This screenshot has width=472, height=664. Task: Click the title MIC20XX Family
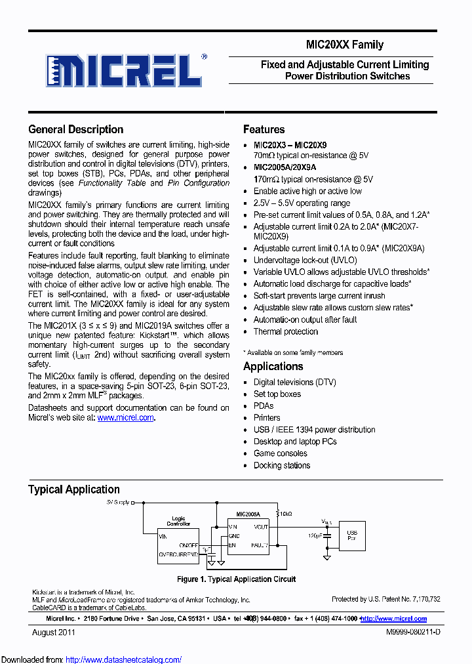[x=344, y=45]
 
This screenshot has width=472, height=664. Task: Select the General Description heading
[x=75, y=129]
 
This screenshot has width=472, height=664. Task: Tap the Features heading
[x=264, y=129]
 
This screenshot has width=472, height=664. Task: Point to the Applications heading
[x=273, y=366]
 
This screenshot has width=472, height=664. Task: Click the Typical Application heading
[x=73, y=489]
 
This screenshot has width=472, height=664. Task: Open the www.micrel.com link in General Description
[x=125, y=417]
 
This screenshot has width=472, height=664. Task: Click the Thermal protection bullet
[x=285, y=331]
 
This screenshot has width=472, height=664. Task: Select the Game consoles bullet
[x=280, y=453]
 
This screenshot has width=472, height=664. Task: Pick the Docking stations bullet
[x=282, y=465]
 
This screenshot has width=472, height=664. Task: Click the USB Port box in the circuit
[x=352, y=535]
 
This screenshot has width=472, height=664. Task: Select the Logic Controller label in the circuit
[x=178, y=521]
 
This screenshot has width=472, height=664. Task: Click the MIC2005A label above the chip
[x=248, y=515]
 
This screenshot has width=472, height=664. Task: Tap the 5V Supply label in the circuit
[x=117, y=502]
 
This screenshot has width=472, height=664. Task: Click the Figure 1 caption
[x=236, y=579]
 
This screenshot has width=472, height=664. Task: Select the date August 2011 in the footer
[x=54, y=633]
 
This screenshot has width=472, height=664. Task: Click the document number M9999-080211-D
[x=404, y=633]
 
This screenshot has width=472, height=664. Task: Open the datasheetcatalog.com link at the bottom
[x=123, y=659]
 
